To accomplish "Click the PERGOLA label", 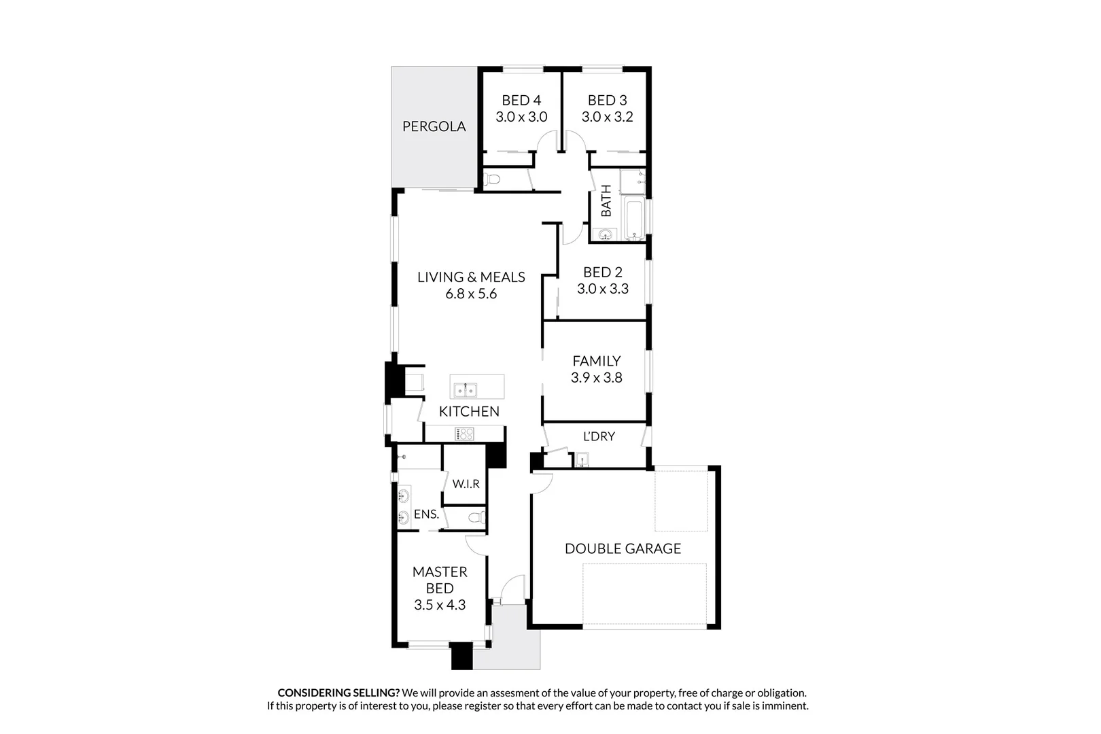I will click(x=434, y=126).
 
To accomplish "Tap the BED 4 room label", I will click(x=521, y=101).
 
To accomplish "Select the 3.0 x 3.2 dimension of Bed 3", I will click(x=607, y=117).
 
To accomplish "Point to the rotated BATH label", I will click(x=606, y=201).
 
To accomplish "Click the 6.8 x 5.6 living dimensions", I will click(x=471, y=294).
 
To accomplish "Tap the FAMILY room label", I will click(x=596, y=361).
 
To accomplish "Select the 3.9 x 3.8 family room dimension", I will click(x=596, y=378).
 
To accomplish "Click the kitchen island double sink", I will click(x=466, y=390).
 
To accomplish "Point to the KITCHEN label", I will click(x=469, y=411).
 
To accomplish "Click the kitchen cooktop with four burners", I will click(x=465, y=434).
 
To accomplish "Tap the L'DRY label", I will click(x=599, y=436).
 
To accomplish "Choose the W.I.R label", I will click(x=466, y=484).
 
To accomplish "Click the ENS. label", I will click(x=426, y=514).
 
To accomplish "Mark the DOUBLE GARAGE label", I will click(x=623, y=548).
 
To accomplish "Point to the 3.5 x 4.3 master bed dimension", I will click(x=440, y=605).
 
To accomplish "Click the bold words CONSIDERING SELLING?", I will click(x=338, y=693).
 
